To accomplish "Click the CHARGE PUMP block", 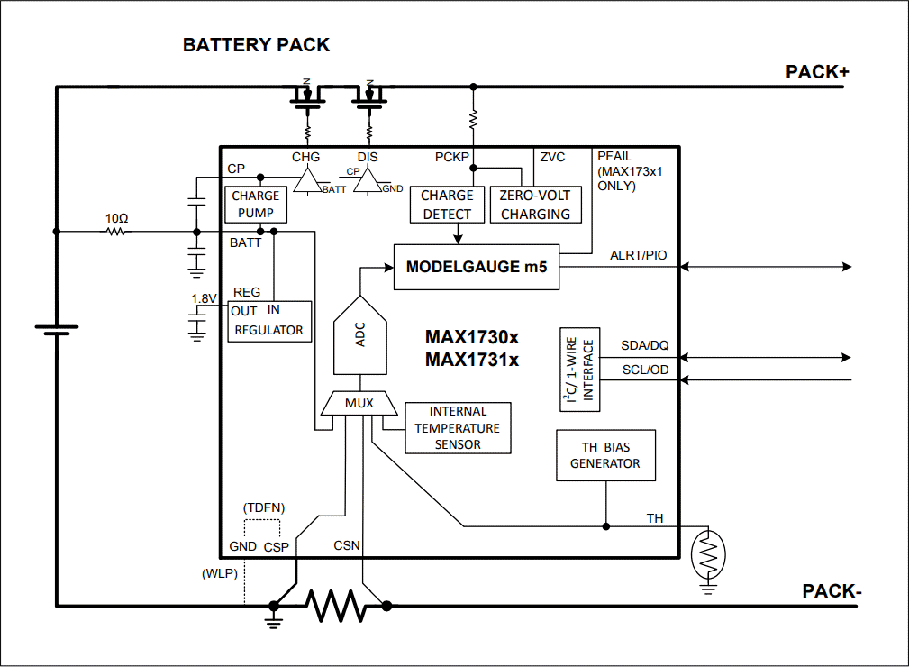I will coord(257,205).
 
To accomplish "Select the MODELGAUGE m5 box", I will coord(477,267).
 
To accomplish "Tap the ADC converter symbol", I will coord(360,335).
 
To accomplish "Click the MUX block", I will coord(359,404).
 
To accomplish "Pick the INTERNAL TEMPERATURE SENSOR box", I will coord(458,427).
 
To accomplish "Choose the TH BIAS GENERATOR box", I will coord(605,455).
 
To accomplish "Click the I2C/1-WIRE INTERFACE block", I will coord(579,370).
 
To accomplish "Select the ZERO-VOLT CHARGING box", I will coord(535,205).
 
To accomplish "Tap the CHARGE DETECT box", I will coord(447,205).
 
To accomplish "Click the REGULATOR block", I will coord(269,321).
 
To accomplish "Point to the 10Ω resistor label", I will coord(116,218).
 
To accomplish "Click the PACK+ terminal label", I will coord(817,72).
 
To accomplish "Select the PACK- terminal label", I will coord(832,591).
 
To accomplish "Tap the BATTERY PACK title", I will coord(256,45).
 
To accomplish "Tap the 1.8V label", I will coord(204,298).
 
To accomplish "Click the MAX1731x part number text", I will coord(472,360).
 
